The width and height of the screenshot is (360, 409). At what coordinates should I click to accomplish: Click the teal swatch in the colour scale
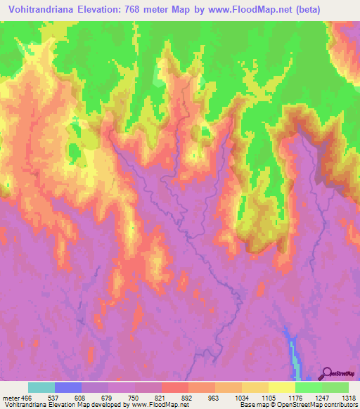point(41,387)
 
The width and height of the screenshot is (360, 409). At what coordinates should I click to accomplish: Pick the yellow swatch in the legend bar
point(281,387)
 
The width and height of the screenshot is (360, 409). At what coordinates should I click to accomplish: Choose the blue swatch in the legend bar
point(68,387)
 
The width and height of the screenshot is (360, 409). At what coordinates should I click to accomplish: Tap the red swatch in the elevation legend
point(174,387)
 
